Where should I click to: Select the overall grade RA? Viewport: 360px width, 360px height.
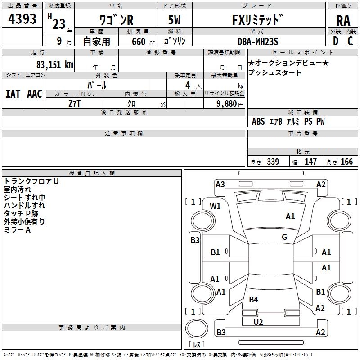point(343,20)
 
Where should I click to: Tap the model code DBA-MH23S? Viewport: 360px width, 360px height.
point(258,41)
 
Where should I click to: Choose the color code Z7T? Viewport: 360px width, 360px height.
point(74,103)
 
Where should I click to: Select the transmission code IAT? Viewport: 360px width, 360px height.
point(13,94)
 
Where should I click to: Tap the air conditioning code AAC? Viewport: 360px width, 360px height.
point(35,94)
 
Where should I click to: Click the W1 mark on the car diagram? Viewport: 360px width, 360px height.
point(216,206)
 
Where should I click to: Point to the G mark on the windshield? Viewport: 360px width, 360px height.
point(284,237)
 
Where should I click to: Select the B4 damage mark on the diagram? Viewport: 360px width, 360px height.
point(254,300)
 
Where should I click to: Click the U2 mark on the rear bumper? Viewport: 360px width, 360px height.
point(258,322)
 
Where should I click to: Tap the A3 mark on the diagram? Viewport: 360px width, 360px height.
point(220,184)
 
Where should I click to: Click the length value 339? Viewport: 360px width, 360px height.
point(273,162)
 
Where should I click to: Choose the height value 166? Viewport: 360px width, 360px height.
point(347,162)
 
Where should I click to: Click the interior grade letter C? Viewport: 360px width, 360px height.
point(350,41)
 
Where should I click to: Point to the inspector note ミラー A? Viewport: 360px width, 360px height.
point(17,230)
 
